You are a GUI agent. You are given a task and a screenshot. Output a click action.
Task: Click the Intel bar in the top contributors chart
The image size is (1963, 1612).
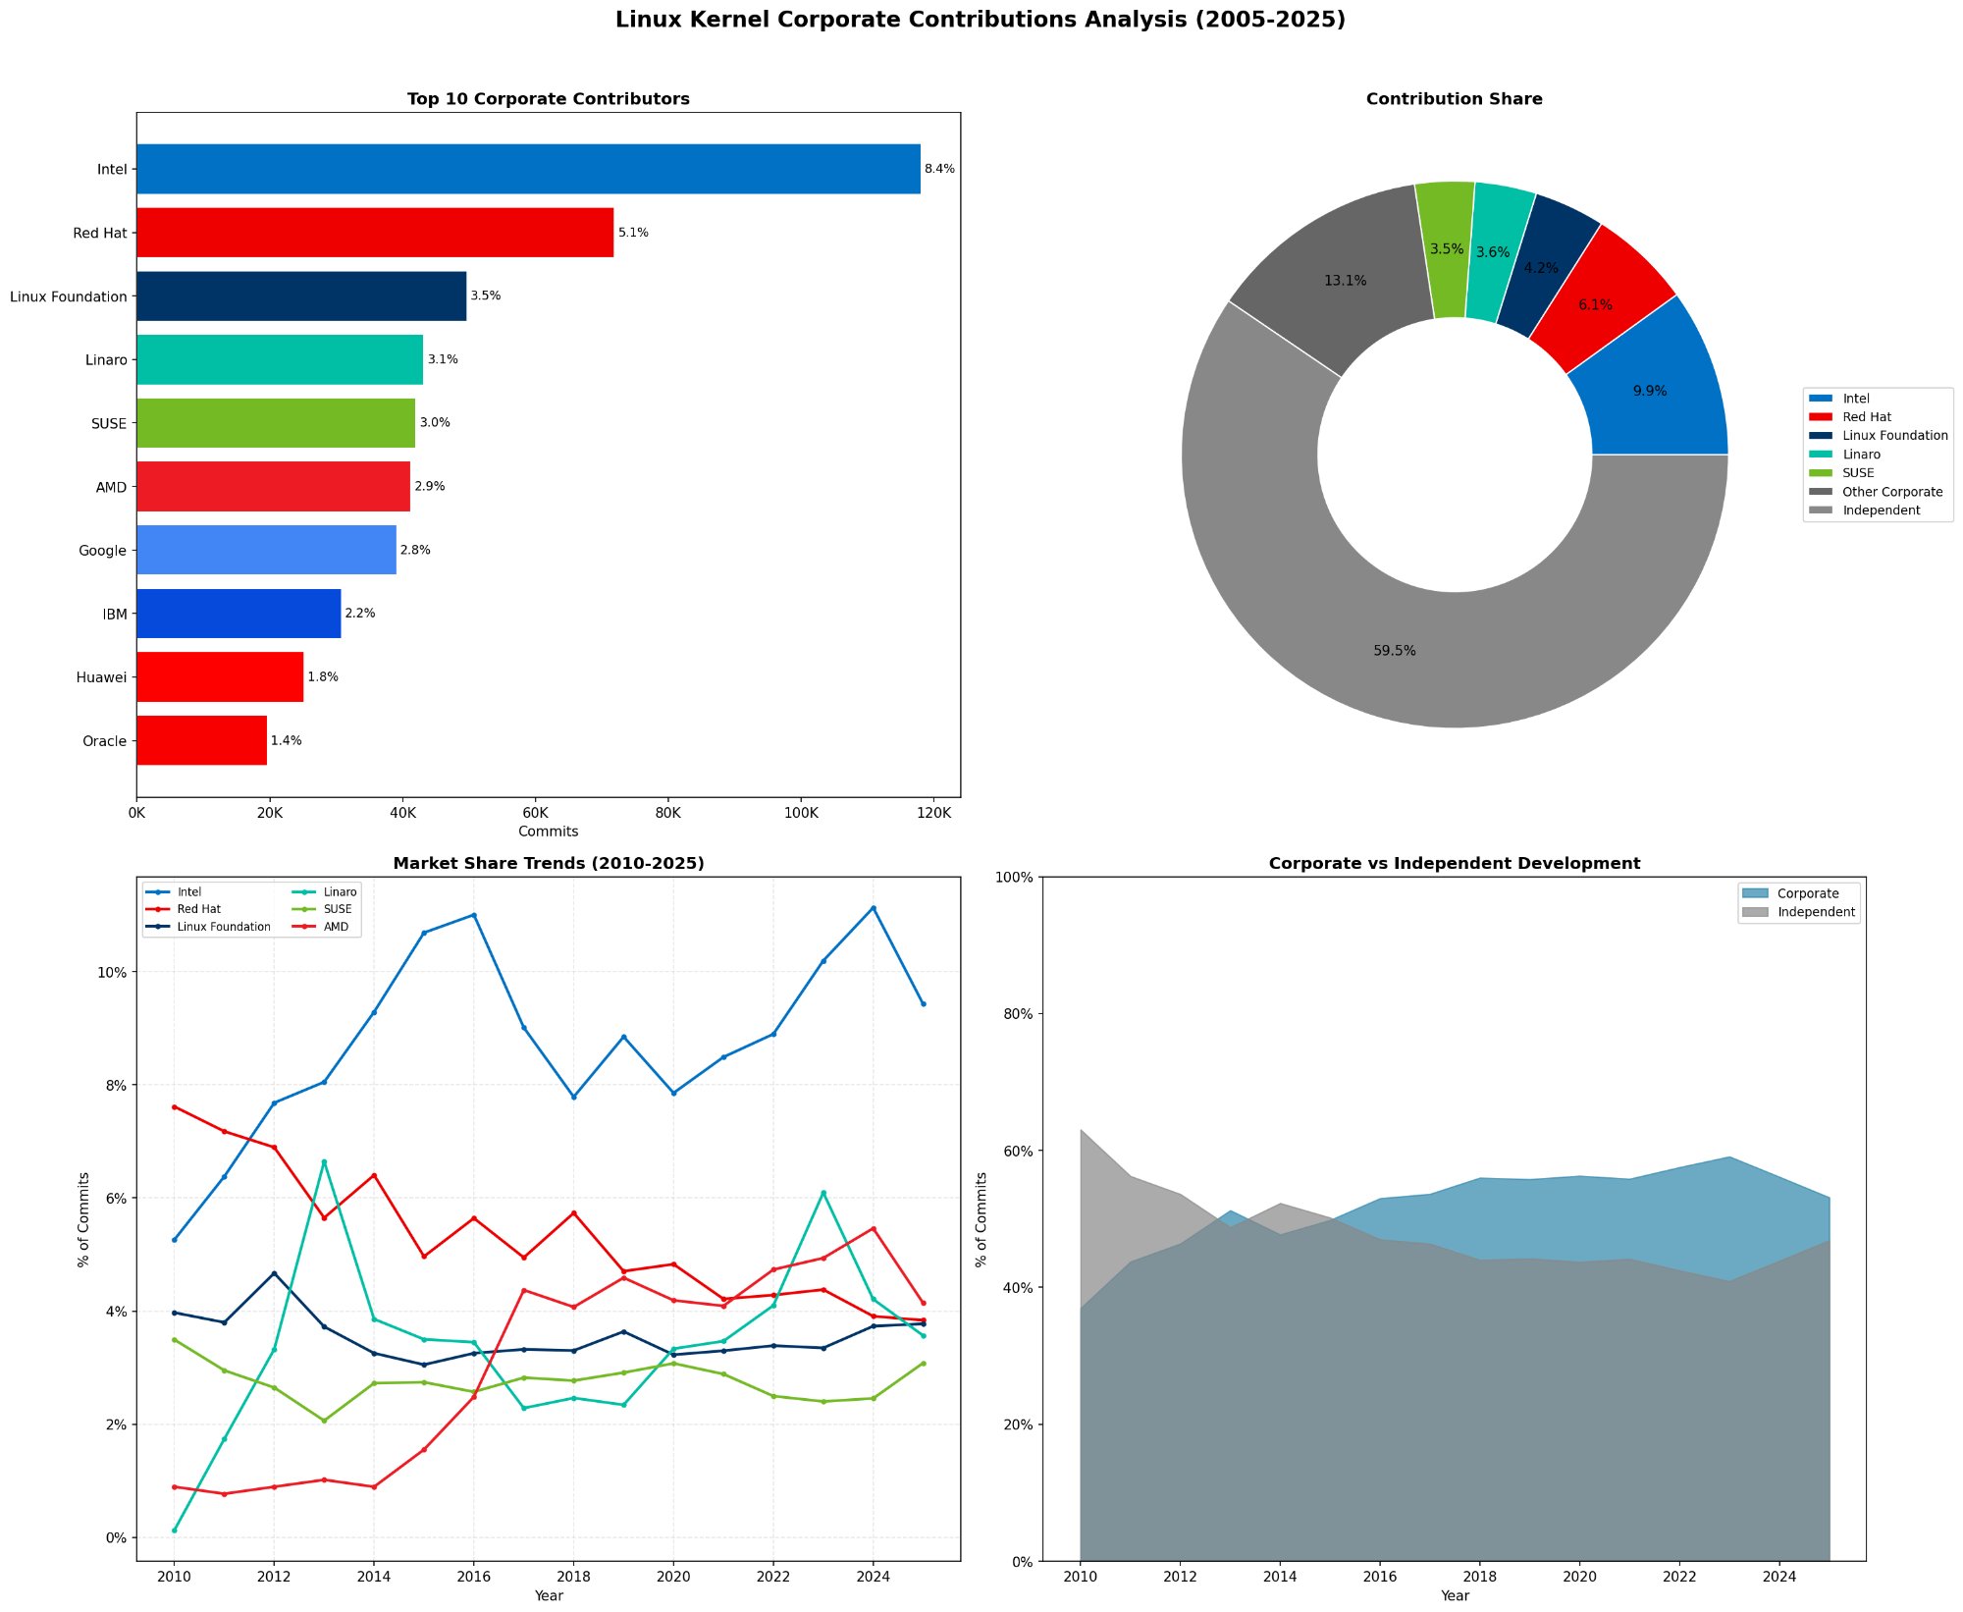(x=528, y=169)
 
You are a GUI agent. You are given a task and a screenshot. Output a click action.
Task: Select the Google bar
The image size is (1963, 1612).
(x=266, y=550)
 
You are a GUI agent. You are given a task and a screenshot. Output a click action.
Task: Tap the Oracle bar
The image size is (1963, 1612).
(x=201, y=740)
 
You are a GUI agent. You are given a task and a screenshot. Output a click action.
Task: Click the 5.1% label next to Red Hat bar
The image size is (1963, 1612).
(x=633, y=233)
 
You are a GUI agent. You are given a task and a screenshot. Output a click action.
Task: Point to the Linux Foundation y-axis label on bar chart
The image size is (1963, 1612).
(x=69, y=296)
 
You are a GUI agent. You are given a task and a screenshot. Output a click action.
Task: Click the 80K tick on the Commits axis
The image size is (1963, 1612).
(x=667, y=813)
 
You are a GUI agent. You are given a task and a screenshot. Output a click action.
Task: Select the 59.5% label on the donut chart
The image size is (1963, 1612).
(x=1394, y=651)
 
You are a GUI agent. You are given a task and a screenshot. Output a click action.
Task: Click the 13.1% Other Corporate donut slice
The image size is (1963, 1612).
(x=1345, y=281)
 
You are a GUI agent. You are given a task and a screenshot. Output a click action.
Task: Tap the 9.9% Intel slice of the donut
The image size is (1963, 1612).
(x=1650, y=391)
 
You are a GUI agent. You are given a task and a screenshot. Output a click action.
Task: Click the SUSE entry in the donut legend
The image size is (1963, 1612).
(x=1858, y=473)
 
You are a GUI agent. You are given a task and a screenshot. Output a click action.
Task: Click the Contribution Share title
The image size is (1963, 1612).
(x=1454, y=99)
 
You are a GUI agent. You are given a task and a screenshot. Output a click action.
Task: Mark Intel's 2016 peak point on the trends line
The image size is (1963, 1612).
(x=474, y=915)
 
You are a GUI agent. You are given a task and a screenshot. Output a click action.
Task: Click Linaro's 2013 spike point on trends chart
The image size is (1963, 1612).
(x=324, y=1161)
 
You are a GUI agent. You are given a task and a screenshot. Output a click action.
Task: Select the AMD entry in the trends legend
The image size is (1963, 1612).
(x=336, y=927)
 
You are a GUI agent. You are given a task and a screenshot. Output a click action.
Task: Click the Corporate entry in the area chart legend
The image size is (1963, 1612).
(x=1807, y=893)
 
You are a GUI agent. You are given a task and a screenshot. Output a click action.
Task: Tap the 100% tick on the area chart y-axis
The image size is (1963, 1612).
(x=1016, y=878)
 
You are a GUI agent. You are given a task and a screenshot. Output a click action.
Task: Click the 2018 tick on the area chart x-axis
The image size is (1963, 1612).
(x=1480, y=1577)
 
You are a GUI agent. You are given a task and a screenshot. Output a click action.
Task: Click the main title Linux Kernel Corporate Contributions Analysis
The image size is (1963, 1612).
(x=980, y=20)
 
